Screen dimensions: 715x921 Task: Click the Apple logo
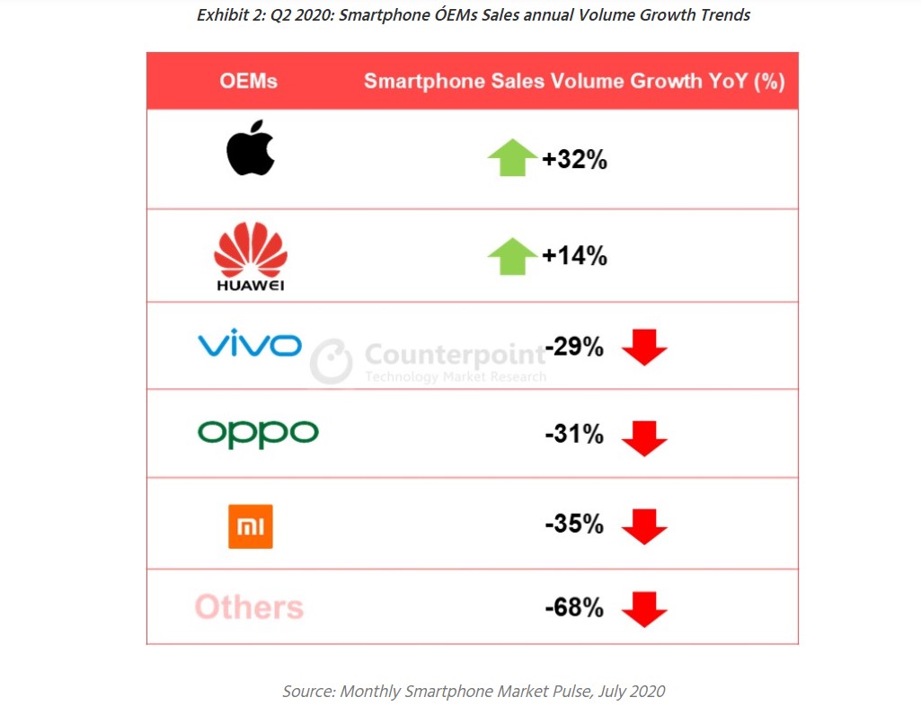(x=250, y=148)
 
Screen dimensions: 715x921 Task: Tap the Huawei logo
(x=250, y=255)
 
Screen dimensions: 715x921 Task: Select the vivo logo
(x=250, y=344)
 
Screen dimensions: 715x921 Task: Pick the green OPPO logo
(x=258, y=434)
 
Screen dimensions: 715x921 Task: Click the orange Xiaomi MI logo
(x=250, y=525)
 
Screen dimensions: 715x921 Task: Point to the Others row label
(x=249, y=607)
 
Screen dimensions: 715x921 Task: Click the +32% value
(x=574, y=161)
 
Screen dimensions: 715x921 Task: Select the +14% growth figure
(x=574, y=256)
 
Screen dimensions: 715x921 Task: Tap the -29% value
(x=574, y=347)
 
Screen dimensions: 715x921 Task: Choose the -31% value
(x=574, y=435)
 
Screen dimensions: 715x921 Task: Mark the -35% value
(x=574, y=525)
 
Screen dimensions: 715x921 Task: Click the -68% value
(x=574, y=608)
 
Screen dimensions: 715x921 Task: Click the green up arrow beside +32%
(x=512, y=159)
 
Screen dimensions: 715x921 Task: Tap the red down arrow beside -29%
(x=644, y=348)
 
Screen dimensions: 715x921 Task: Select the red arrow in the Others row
(x=644, y=609)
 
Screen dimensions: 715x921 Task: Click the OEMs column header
(x=248, y=81)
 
